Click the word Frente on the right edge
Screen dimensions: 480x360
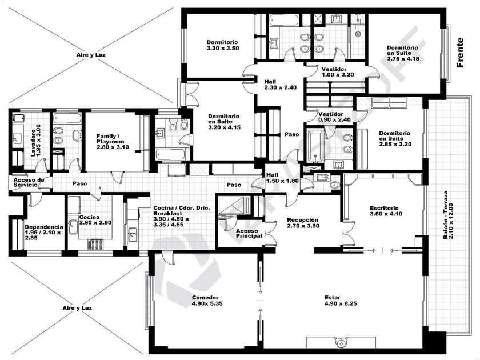click(460, 53)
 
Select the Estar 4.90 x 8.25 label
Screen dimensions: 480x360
click(341, 301)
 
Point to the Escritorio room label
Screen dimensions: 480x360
click(386, 211)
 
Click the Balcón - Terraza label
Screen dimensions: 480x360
click(448, 215)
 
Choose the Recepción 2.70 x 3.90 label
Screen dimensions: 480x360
click(303, 223)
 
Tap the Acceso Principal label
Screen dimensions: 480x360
click(249, 233)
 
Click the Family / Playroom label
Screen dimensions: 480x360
click(113, 142)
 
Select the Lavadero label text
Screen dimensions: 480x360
click(35, 140)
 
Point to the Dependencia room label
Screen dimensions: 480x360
click(44, 233)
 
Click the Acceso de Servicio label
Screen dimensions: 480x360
click(29, 182)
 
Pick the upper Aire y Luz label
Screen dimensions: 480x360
click(91, 55)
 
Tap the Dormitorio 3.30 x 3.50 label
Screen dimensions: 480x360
click(222, 45)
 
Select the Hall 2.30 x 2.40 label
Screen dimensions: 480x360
click(281, 85)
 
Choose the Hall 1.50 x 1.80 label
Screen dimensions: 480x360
click(282, 178)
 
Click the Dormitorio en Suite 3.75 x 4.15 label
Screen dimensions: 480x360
click(403, 53)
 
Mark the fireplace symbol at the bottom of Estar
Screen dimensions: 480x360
click(341, 342)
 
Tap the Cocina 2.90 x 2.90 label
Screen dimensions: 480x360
click(95, 220)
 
